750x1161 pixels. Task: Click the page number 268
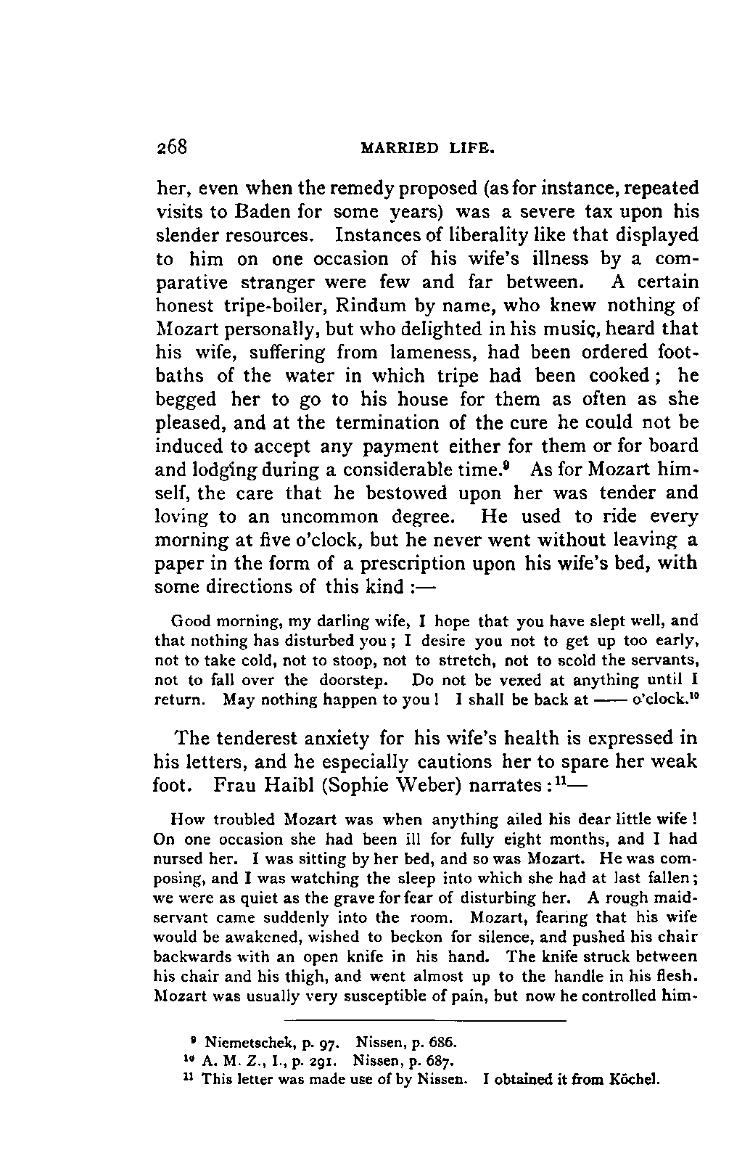click(173, 147)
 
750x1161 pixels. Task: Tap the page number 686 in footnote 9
click(442, 1043)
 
